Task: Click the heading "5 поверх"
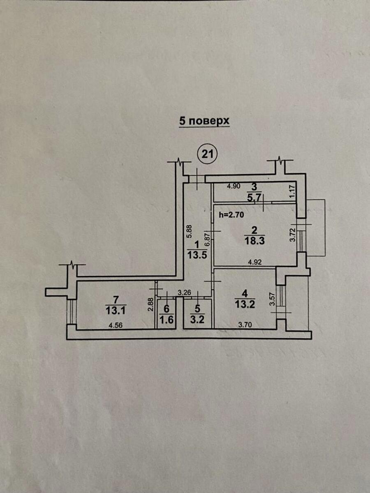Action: [x=204, y=121]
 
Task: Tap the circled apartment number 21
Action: [x=208, y=154]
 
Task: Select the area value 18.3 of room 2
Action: [x=253, y=241]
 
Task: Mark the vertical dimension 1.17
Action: [x=293, y=191]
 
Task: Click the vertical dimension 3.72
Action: [x=293, y=234]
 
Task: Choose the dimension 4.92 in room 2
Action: [x=253, y=261]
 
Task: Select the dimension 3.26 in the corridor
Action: [x=184, y=293]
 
